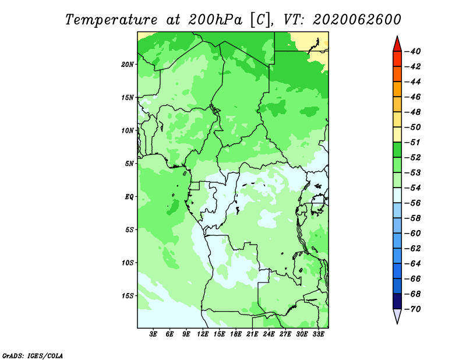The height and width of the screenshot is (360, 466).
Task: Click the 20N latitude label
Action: coord(127,65)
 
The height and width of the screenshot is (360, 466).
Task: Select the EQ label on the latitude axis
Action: coord(129,197)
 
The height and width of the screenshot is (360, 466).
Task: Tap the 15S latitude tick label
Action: coord(127,296)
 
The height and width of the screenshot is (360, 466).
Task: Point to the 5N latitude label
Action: coord(129,164)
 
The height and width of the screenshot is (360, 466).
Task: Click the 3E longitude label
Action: coord(153,334)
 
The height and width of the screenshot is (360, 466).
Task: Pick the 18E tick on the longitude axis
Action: coord(236,334)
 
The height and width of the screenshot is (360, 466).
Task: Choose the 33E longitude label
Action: coord(318,334)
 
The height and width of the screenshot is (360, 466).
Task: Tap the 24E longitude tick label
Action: coord(269,334)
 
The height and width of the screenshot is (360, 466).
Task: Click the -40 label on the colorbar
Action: coord(413,51)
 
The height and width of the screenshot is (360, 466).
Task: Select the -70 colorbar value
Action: coord(413,309)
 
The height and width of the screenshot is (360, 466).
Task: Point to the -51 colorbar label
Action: coord(413,142)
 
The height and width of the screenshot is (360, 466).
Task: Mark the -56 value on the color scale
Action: coord(413,203)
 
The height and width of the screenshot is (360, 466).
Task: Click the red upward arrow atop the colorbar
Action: coord(397,45)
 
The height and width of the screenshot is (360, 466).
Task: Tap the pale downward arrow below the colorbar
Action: coord(397,316)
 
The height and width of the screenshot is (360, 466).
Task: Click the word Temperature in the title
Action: coord(111,20)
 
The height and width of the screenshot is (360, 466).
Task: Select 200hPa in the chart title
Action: coord(215,20)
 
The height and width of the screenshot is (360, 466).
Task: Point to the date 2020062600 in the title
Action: coord(356,20)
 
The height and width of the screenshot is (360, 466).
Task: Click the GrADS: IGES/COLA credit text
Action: coord(33,356)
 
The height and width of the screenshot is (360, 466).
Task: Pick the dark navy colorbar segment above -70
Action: coord(397,301)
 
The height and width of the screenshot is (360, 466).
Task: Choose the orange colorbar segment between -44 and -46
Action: coord(397,89)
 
